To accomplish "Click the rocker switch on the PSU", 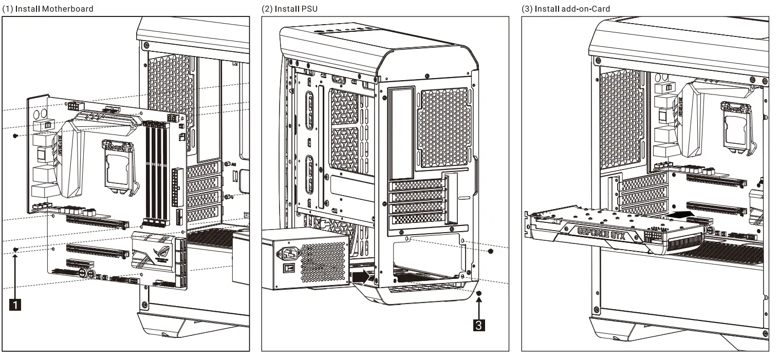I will click(290, 269).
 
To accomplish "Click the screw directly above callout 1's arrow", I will click(16, 249).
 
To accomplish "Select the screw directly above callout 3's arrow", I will click(479, 293).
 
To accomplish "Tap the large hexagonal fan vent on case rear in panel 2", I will click(444, 127).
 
